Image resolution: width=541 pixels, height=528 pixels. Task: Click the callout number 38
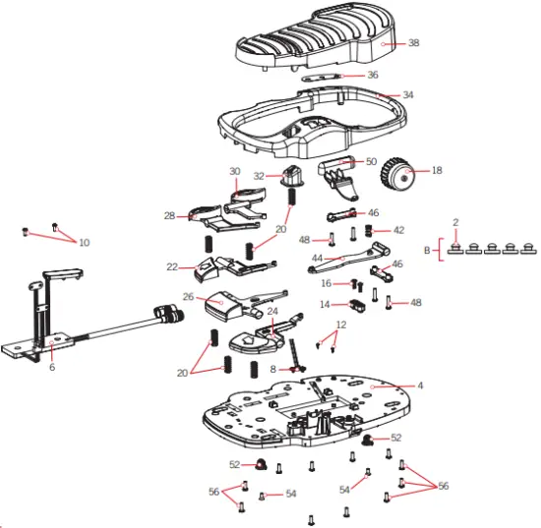pyautogui.click(x=414, y=43)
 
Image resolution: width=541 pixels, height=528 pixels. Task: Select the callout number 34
pyautogui.click(x=408, y=95)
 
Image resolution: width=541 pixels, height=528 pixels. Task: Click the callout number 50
pyautogui.click(x=371, y=160)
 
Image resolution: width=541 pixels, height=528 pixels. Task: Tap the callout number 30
pyautogui.click(x=235, y=171)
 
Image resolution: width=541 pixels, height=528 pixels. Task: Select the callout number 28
pyautogui.click(x=168, y=215)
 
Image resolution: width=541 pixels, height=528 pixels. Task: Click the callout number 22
pyautogui.click(x=172, y=266)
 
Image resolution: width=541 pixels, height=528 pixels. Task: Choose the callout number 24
pyautogui.click(x=273, y=313)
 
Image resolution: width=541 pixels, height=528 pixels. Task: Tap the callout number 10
pyautogui.click(x=84, y=242)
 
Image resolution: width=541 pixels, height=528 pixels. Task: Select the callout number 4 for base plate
pyautogui.click(x=420, y=385)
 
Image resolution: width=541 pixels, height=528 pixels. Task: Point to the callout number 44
pyautogui.click(x=317, y=259)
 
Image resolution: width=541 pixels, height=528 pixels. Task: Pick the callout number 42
pyautogui.click(x=398, y=229)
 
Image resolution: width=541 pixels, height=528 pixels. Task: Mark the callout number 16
pyautogui.click(x=326, y=283)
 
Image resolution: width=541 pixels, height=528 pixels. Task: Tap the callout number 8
pyautogui.click(x=273, y=369)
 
